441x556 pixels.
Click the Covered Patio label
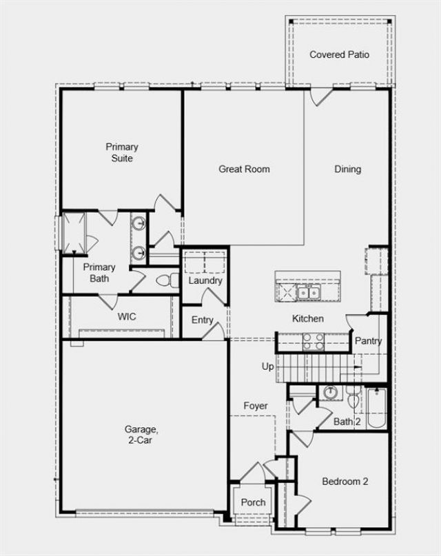click(x=339, y=54)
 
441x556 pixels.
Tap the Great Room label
click(x=244, y=169)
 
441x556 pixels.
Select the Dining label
click(x=348, y=169)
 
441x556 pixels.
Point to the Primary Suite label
click(x=122, y=152)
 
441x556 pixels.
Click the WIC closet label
click(x=127, y=316)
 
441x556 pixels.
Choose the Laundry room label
click(x=205, y=281)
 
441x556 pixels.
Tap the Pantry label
click(x=369, y=341)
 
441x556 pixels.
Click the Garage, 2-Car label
click(x=141, y=435)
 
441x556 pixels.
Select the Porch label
click(x=253, y=502)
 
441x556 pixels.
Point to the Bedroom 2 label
click(x=345, y=482)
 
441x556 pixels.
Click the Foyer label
click(x=256, y=406)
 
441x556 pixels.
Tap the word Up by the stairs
click(x=267, y=367)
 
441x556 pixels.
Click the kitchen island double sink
click(x=309, y=293)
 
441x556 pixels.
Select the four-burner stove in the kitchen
click(x=313, y=342)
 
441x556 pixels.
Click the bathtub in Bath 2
click(x=376, y=409)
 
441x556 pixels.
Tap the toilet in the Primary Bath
click(x=168, y=281)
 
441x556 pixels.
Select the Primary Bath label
click(x=99, y=273)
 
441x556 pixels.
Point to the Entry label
click(x=202, y=320)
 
